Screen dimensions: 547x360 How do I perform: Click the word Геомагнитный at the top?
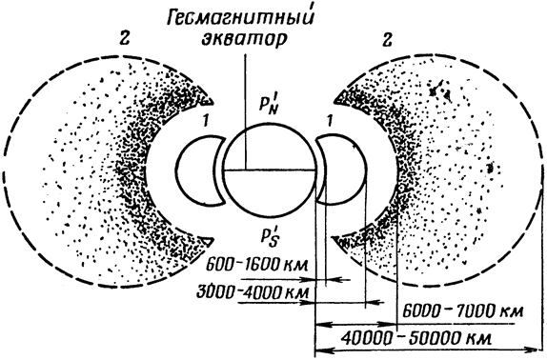(239, 17)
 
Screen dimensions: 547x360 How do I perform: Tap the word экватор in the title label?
(245, 39)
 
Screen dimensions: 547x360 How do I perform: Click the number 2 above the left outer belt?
(124, 39)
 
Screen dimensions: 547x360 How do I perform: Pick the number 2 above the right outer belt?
(387, 39)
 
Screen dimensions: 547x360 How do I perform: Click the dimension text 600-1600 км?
(257, 266)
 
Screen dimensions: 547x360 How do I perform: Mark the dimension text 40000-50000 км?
(416, 338)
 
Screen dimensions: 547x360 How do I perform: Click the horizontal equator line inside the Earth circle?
(270, 170)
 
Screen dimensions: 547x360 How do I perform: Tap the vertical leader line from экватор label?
(246, 110)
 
